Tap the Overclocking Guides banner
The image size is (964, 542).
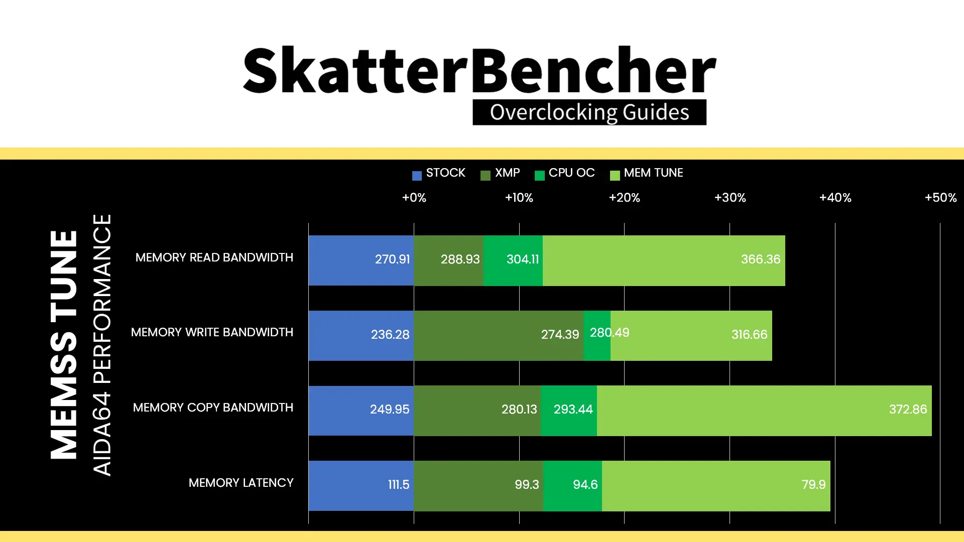click(x=589, y=112)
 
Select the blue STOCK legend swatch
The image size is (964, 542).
click(x=417, y=176)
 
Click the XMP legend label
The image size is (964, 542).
click(x=507, y=173)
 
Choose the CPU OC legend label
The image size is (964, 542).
click(x=571, y=173)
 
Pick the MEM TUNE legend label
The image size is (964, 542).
click(x=653, y=173)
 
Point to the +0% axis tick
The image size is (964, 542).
click(x=414, y=198)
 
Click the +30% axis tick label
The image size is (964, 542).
click(x=730, y=198)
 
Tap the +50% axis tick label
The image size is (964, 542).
click(x=940, y=198)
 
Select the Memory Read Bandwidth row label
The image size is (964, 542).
click(x=214, y=257)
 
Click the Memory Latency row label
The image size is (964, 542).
click(x=241, y=483)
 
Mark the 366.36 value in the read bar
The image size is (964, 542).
click(x=761, y=259)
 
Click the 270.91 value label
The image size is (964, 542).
click(x=392, y=259)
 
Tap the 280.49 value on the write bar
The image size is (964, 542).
click(x=610, y=333)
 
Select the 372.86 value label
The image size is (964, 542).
click(x=908, y=410)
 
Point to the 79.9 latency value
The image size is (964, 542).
click(x=813, y=485)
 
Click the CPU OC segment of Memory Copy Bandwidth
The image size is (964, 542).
click(x=569, y=411)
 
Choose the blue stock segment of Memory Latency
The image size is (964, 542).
click(x=361, y=486)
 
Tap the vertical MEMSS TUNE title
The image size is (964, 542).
click(x=64, y=345)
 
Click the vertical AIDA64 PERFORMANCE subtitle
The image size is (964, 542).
click(x=102, y=345)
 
